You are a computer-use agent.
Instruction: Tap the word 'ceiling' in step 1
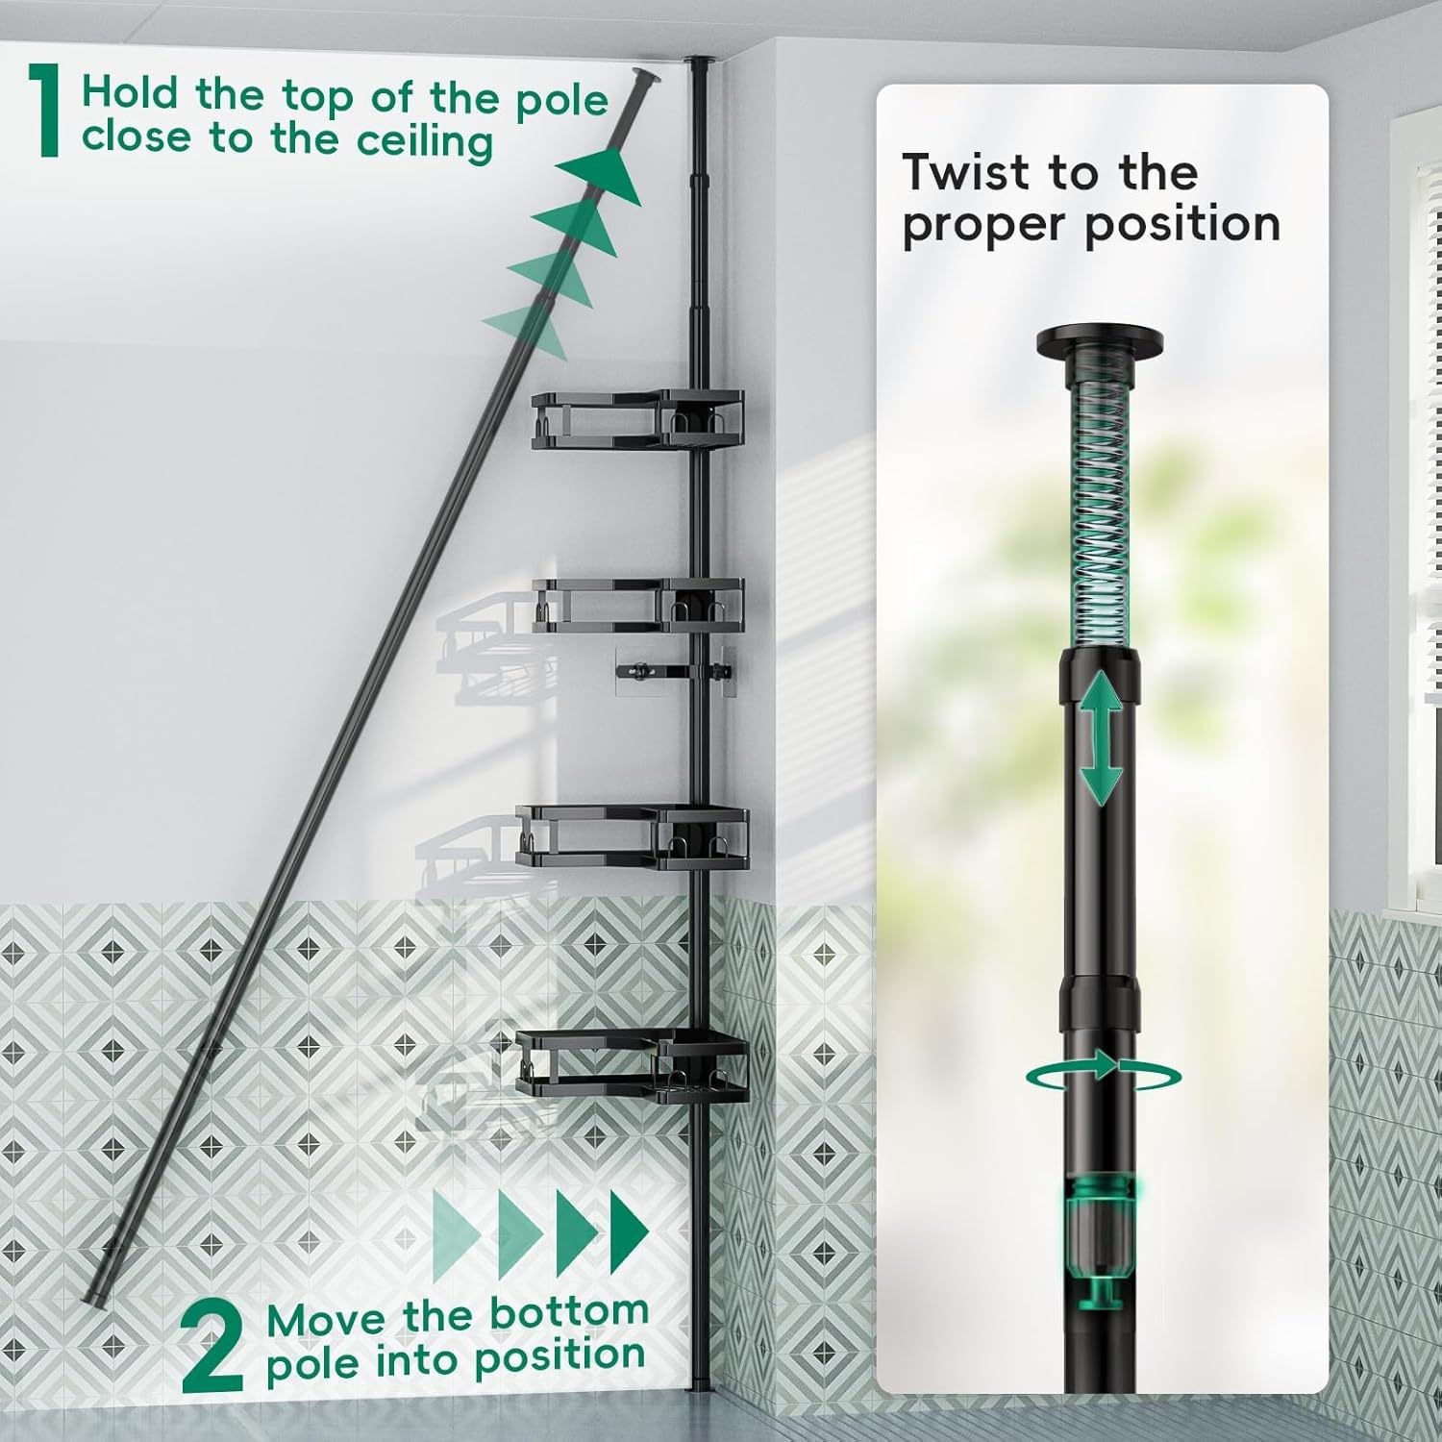tap(426, 142)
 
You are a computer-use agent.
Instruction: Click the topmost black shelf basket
tap(637, 421)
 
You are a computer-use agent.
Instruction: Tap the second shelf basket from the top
tap(637, 606)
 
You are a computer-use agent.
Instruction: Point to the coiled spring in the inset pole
tap(1100, 510)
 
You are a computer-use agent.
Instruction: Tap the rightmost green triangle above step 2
tap(629, 1234)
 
